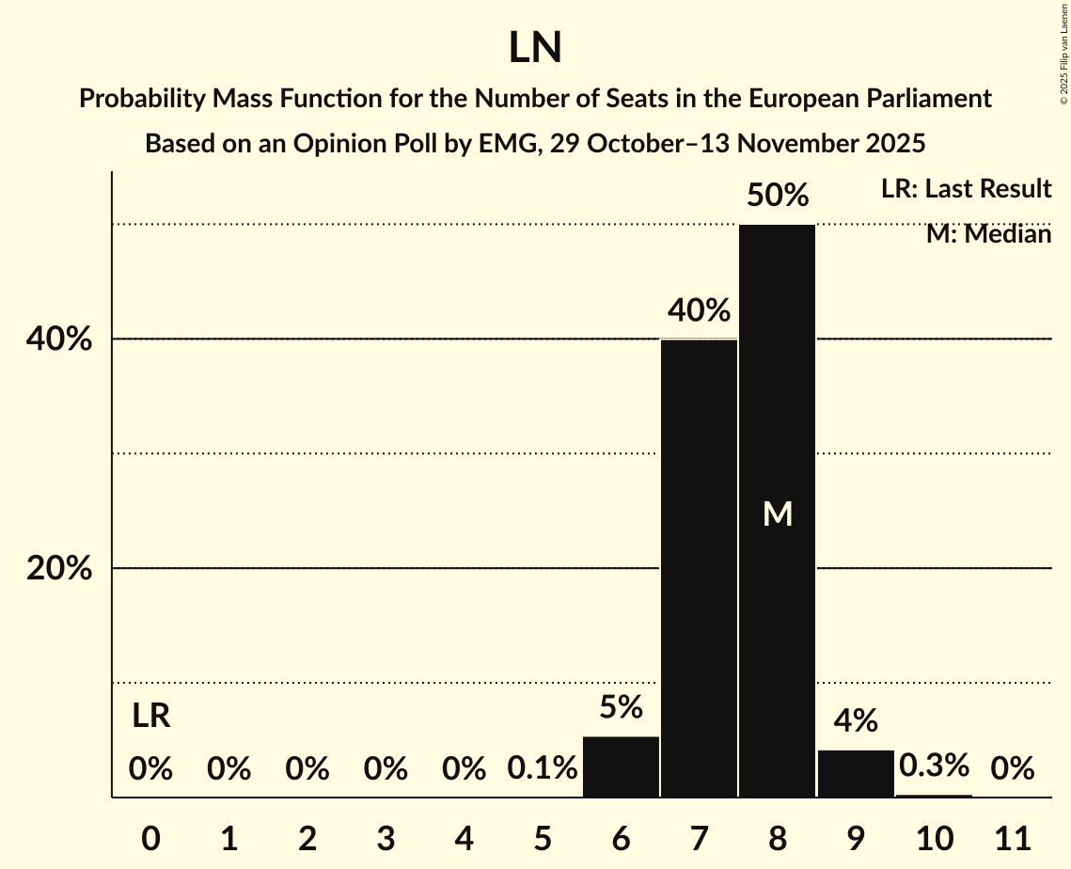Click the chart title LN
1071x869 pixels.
point(535,49)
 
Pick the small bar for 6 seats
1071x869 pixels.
point(621,766)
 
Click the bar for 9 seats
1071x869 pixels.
point(856,773)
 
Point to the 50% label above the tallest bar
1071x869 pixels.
point(778,196)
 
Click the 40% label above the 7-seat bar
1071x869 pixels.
point(699,310)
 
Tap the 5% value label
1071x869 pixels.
point(621,707)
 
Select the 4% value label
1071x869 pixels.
point(856,721)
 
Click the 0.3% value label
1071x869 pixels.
point(934,766)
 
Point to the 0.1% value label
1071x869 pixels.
point(542,769)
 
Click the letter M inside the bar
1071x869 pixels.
point(778,513)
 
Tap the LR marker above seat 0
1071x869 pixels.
point(150,717)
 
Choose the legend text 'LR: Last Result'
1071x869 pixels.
point(966,189)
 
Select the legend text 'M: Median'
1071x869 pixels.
point(988,234)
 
